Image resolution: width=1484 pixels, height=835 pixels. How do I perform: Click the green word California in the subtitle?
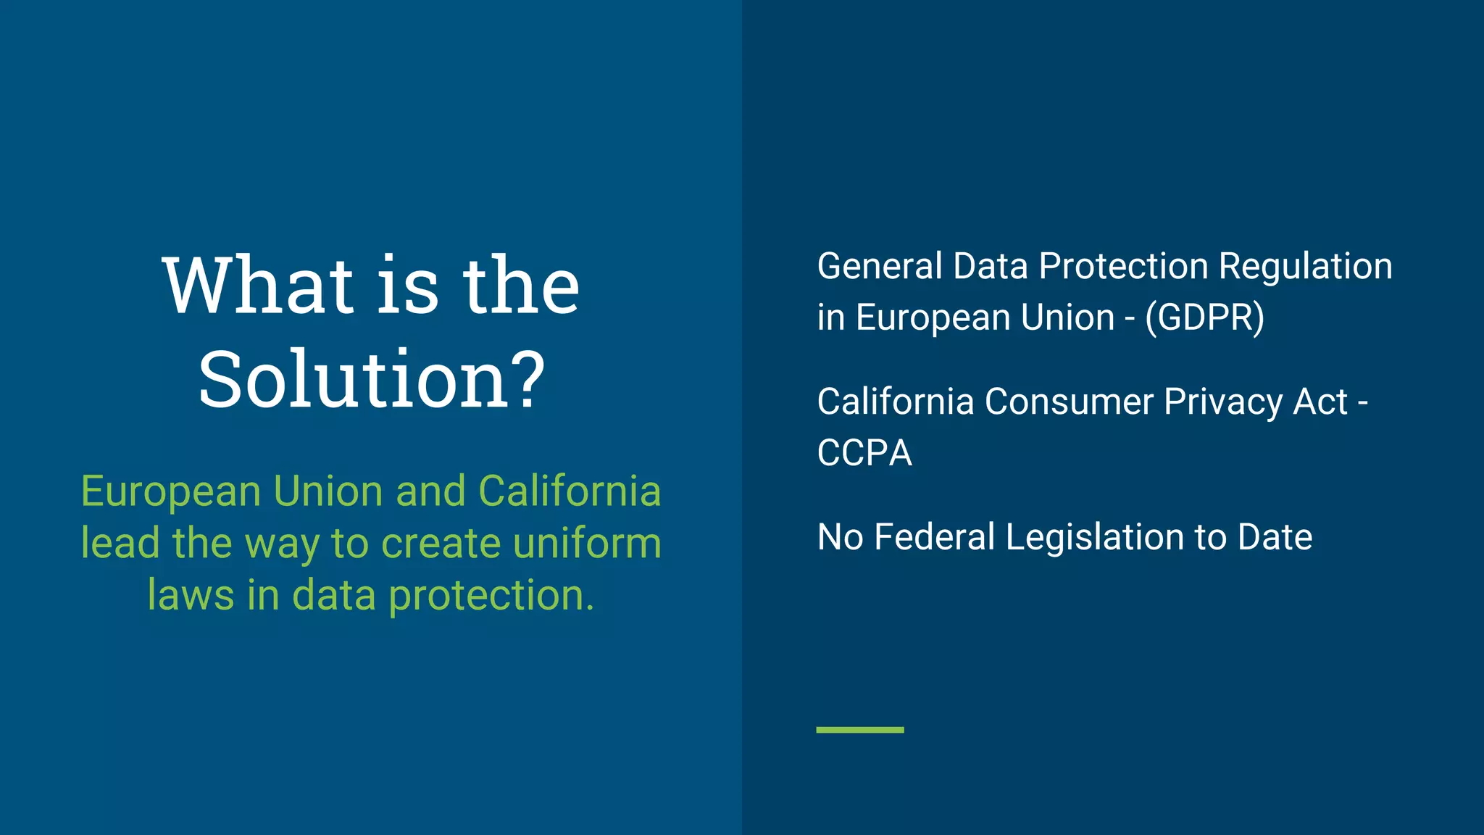pos(570,491)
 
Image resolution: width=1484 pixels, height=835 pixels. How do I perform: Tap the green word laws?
pos(191,596)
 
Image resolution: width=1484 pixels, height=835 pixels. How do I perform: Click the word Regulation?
pos(1305,266)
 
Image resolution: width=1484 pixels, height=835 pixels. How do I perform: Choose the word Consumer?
pos(1069,402)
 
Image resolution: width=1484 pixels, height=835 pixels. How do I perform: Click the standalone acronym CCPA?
pos(864,454)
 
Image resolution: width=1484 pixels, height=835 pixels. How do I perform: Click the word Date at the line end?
pos(1275,537)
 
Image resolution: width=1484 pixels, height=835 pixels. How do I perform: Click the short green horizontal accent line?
pos(860,730)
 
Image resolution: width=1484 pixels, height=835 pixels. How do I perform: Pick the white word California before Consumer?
pos(896,402)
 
